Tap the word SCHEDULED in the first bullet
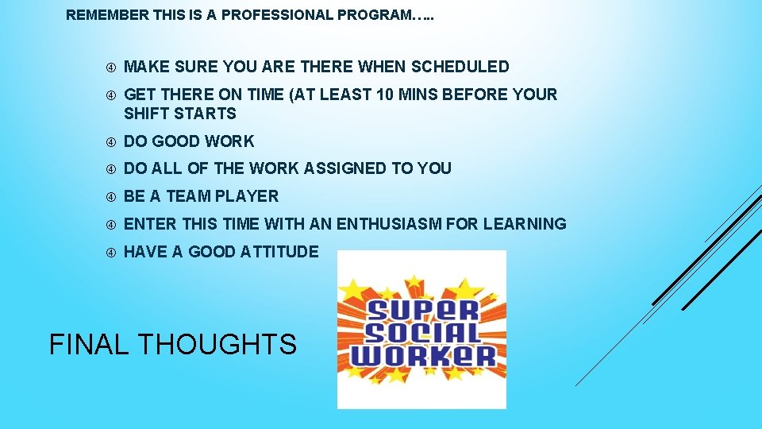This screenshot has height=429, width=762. click(460, 67)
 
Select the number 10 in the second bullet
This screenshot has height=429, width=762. click(386, 95)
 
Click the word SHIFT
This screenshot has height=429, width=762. click(147, 114)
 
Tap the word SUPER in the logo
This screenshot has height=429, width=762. click(422, 310)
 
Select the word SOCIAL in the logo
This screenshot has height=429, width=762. click(422, 332)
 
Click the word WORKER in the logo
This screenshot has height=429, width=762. click(423, 354)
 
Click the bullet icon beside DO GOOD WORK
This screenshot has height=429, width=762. click(110, 141)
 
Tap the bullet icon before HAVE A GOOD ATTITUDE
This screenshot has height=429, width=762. click(110, 252)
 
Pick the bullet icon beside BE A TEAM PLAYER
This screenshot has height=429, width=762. click(110, 196)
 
